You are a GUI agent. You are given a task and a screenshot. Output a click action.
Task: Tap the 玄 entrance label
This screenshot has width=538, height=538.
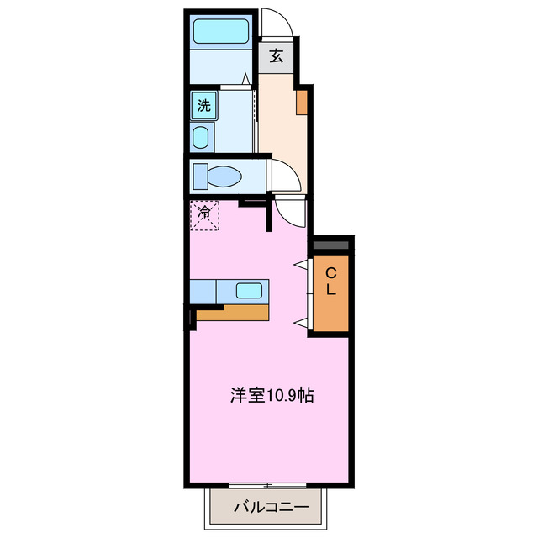tap(276, 57)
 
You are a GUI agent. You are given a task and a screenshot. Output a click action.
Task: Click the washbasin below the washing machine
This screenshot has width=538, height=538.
tap(202, 137)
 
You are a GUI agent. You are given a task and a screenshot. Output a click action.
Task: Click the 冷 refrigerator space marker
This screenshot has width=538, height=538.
tap(204, 214)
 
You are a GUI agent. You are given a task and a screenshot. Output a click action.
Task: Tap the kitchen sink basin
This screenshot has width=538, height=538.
tap(249, 291)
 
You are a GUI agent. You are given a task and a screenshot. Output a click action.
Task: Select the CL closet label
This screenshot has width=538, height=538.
tap(331, 281)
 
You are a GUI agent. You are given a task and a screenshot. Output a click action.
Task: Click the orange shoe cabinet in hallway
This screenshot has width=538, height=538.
tap(301, 102)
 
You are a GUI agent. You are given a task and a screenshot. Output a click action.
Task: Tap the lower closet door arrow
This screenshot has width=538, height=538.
tap(299, 321)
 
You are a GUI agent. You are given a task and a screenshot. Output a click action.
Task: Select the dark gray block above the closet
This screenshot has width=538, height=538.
tap(331, 245)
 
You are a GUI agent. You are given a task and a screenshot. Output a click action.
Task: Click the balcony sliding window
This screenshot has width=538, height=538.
tap(266, 486)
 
